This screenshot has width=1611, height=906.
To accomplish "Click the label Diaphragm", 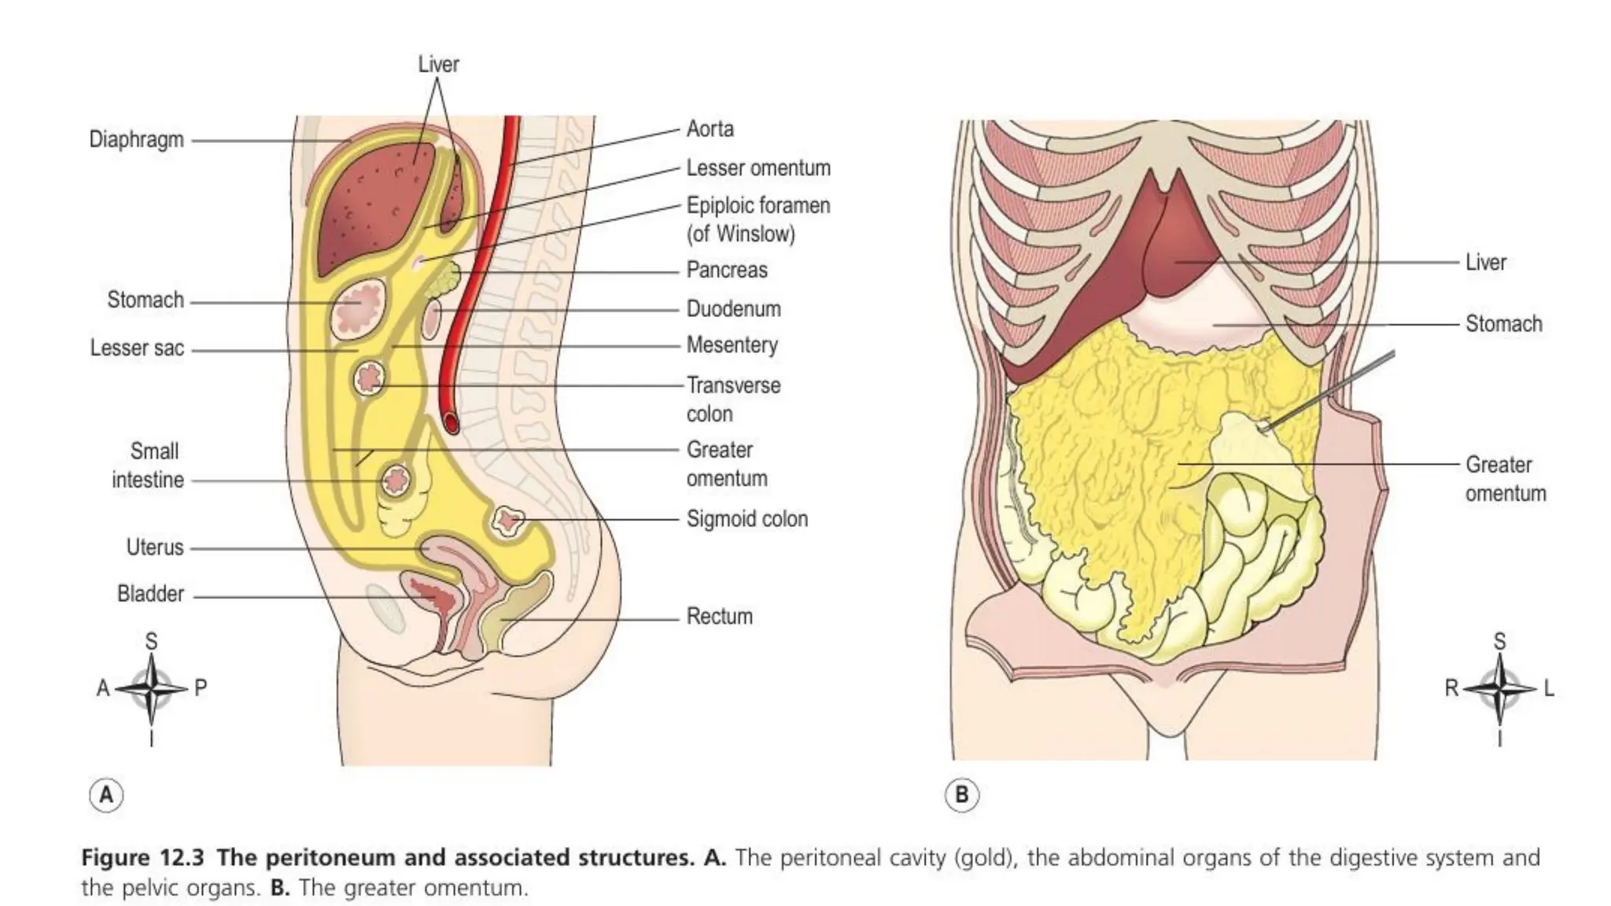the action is point(136,140).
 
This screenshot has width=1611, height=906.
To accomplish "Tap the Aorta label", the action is point(710,129).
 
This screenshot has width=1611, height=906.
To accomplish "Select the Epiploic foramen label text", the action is point(758,219).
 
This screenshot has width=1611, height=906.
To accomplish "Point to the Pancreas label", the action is point(726,270).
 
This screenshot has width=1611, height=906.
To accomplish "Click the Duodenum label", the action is point(733,308).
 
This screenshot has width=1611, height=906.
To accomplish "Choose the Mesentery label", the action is point(732,344).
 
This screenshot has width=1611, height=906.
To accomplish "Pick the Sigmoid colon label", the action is point(747,519).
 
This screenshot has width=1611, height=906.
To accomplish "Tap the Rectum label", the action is point(719,616).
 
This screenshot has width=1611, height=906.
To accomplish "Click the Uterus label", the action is point(154,547).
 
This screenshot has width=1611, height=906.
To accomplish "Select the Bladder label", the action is point(150,594).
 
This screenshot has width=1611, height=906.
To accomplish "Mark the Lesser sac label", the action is point(137,348).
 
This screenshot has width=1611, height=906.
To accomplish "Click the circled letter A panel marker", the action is point(106,794).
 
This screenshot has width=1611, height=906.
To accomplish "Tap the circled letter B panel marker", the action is point(961,794).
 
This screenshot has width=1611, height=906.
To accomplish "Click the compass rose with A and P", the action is point(151,689).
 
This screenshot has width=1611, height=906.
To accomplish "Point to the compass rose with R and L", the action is point(1499,689).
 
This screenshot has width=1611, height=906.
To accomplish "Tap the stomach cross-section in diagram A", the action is point(360,306).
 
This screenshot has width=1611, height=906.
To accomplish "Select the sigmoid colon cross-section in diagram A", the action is point(508,520).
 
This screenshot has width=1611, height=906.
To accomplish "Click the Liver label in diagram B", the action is point(1485,263).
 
